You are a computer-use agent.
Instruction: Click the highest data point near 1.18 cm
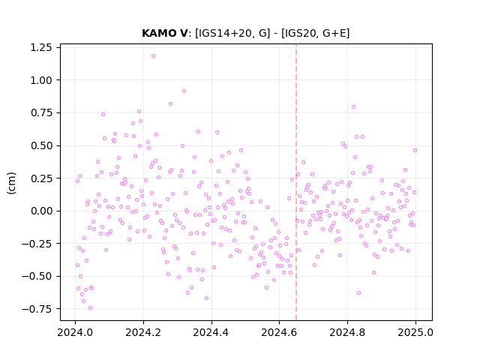[153, 56]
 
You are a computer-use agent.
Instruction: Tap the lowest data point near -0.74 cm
[90, 308]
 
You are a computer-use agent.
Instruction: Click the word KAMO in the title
[160, 33]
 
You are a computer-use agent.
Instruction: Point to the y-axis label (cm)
[11, 183]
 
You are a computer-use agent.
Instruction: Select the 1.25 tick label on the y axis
[41, 48]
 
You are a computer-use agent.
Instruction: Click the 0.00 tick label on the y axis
[41, 211]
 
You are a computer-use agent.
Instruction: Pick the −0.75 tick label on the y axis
[37, 309]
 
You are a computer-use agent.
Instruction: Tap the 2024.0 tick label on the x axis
[75, 332]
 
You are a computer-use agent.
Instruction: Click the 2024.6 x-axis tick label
[279, 332]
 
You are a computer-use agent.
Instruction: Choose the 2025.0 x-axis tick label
[415, 332]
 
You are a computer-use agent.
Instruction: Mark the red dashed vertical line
[296, 182]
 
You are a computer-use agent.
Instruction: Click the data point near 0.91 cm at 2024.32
[184, 91]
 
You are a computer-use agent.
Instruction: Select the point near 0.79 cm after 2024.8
[353, 106]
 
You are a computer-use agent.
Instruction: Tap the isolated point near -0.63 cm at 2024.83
[358, 293]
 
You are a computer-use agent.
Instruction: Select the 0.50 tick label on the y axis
[41, 145]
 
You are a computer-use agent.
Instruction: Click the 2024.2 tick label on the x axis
[143, 332]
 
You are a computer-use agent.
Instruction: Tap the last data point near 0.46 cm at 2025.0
[415, 150]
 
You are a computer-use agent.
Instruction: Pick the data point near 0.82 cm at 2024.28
[170, 104]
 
